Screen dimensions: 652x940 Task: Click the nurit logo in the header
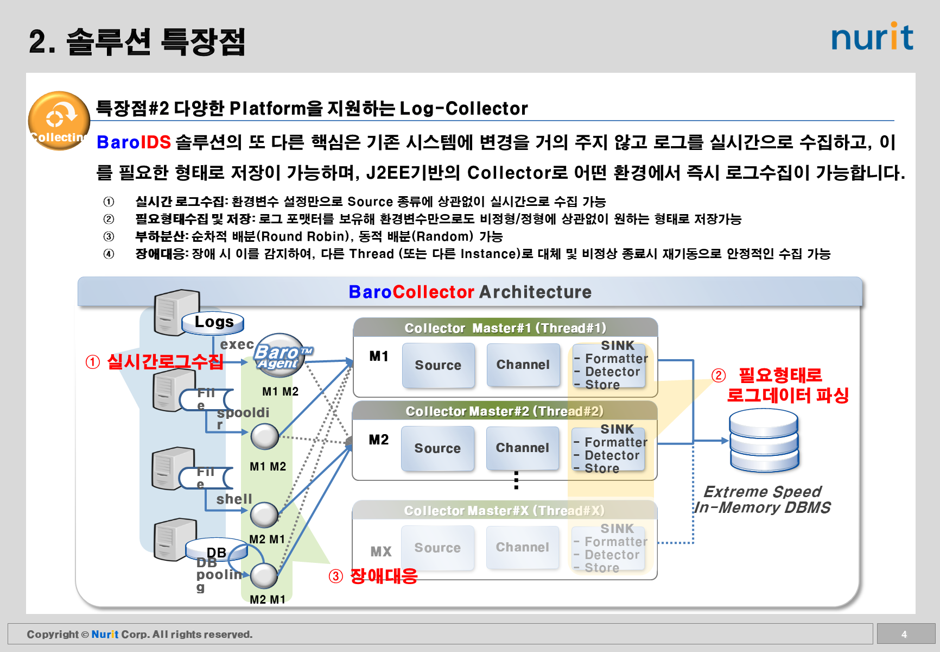(x=872, y=37)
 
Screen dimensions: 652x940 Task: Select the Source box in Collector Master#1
(x=438, y=365)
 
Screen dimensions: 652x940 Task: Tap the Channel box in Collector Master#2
(x=522, y=448)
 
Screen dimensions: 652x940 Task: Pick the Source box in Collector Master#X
(x=437, y=548)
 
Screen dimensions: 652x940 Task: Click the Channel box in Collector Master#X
(x=522, y=547)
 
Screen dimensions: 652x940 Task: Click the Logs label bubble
(x=213, y=322)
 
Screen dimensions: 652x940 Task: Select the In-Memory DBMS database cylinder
(x=764, y=440)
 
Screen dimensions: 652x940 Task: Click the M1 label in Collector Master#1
(x=379, y=356)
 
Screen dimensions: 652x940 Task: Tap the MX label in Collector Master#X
(x=380, y=551)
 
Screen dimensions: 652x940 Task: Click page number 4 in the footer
(x=904, y=634)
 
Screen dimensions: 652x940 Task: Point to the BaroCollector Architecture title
(x=470, y=292)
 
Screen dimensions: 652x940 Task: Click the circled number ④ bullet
(x=109, y=254)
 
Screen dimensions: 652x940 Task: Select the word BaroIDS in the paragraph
(x=134, y=142)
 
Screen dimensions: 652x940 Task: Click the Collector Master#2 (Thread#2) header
(x=504, y=411)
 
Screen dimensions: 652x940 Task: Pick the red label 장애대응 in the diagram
(x=384, y=576)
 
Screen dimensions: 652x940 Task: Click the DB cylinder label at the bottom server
(x=217, y=551)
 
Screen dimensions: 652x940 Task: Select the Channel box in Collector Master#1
(x=523, y=365)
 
